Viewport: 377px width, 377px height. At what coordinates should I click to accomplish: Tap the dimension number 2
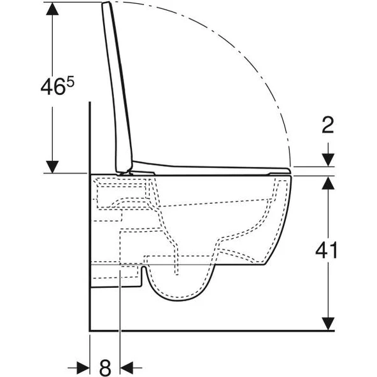point(327,125)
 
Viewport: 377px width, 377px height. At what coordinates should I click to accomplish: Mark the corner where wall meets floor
point(90,331)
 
